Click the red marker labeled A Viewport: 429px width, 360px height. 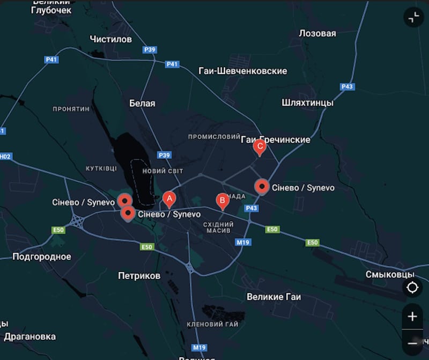click(x=169, y=199)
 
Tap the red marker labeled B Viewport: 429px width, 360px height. click(x=222, y=200)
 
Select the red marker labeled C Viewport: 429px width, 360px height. click(x=260, y=146)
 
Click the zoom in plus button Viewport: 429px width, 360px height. click(x=412, y=317)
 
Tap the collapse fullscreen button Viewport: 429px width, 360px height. click(x=413, y=18)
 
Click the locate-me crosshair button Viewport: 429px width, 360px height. click(x=412, y=288)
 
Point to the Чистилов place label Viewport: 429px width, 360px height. click(x=111, y=39)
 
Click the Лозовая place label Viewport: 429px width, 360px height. click(x=317, y=33)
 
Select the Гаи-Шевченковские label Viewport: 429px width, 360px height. click(x=242, y=71)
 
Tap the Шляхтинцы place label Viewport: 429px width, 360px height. click(x=307, y=102)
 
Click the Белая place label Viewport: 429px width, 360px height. click(x=142, y=103)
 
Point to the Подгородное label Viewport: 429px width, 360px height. click(x=42, y=256)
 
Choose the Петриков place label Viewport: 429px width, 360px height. click(x=139, y=276)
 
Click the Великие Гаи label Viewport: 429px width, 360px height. click(x=273, y=297)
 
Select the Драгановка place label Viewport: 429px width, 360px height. click(x=29, y=337)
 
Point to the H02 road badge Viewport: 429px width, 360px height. click(x=5, y=157)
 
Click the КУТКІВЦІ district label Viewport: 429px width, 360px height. click(x=101, y=168)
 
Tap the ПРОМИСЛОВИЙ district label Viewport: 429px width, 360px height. click(x=210, y=137)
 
